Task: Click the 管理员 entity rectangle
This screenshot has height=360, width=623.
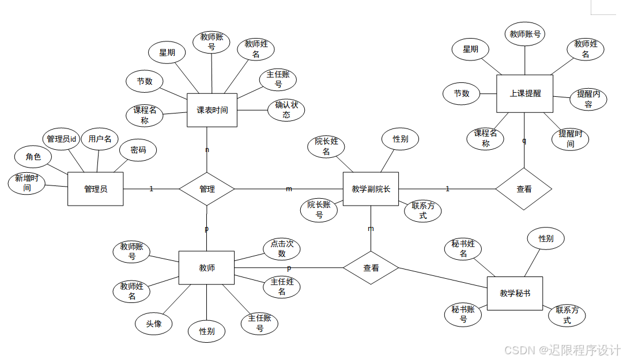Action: pos(95,189)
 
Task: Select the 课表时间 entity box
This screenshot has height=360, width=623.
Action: pos(212,110)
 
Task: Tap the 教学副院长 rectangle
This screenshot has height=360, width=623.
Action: pos(371,189)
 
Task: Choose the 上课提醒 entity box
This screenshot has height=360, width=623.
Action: pos(524,93)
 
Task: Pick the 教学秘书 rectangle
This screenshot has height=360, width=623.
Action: pos(515,294)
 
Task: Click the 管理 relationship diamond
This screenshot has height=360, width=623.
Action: pos(207,189)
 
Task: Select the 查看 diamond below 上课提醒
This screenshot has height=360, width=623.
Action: pos(524,189)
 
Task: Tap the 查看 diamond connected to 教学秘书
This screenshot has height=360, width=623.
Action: pos(371,268)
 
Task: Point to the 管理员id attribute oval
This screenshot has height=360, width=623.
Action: pos(61,139)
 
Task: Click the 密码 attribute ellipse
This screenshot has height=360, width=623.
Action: pos(138,150)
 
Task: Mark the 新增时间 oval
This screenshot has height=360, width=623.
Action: pos(27,183)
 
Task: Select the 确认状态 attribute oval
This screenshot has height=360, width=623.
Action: pos(286,109)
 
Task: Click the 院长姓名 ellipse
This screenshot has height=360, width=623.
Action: pos(326,146)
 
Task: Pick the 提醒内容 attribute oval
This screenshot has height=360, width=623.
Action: pos(588,99)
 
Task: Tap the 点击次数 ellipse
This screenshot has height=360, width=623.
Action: pos(282,248)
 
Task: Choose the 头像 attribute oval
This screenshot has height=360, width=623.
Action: pos(154,324)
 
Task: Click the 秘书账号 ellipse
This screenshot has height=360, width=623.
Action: pos(463,314)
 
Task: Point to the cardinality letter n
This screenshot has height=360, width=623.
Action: pos(207,150)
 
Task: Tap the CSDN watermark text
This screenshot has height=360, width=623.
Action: pos(562,350)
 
